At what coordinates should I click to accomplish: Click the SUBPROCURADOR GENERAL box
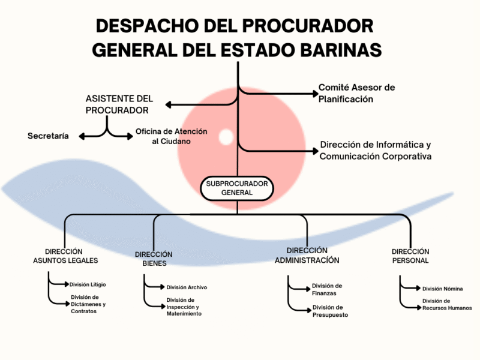[x=236, y=188]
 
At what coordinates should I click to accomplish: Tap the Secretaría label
[x=48, y=136]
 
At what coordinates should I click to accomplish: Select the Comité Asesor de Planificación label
[x=356, y=93]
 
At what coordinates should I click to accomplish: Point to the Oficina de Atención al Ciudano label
[x=171, y=136]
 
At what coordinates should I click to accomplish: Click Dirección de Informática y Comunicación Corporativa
[x=376, y=151]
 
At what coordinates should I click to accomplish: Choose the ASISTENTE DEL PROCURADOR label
[x=119, y=104]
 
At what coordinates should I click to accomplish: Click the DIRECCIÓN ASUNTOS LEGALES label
[x=65, y=256]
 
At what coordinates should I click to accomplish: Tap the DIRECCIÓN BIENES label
[x=154, y=259]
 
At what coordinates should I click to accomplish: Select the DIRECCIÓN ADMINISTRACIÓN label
[x=307, y=255]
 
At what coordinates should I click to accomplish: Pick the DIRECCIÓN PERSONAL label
[x=410, y=256]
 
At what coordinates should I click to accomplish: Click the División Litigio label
[x=88, y=284]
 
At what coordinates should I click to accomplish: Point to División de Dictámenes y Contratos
[x=88, y=304]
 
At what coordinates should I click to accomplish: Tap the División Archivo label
[x=187, y=287]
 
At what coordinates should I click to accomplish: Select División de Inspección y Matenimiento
[x=184, y=307]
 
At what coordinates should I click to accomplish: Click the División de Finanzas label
[x=327, y=289]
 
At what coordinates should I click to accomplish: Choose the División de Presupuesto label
[x=330, y=311]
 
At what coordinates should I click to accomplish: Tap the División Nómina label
[x=442, y=289]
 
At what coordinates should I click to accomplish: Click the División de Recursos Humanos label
[x=446, y=304]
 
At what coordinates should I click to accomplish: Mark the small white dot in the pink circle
[x=226, y=137]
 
